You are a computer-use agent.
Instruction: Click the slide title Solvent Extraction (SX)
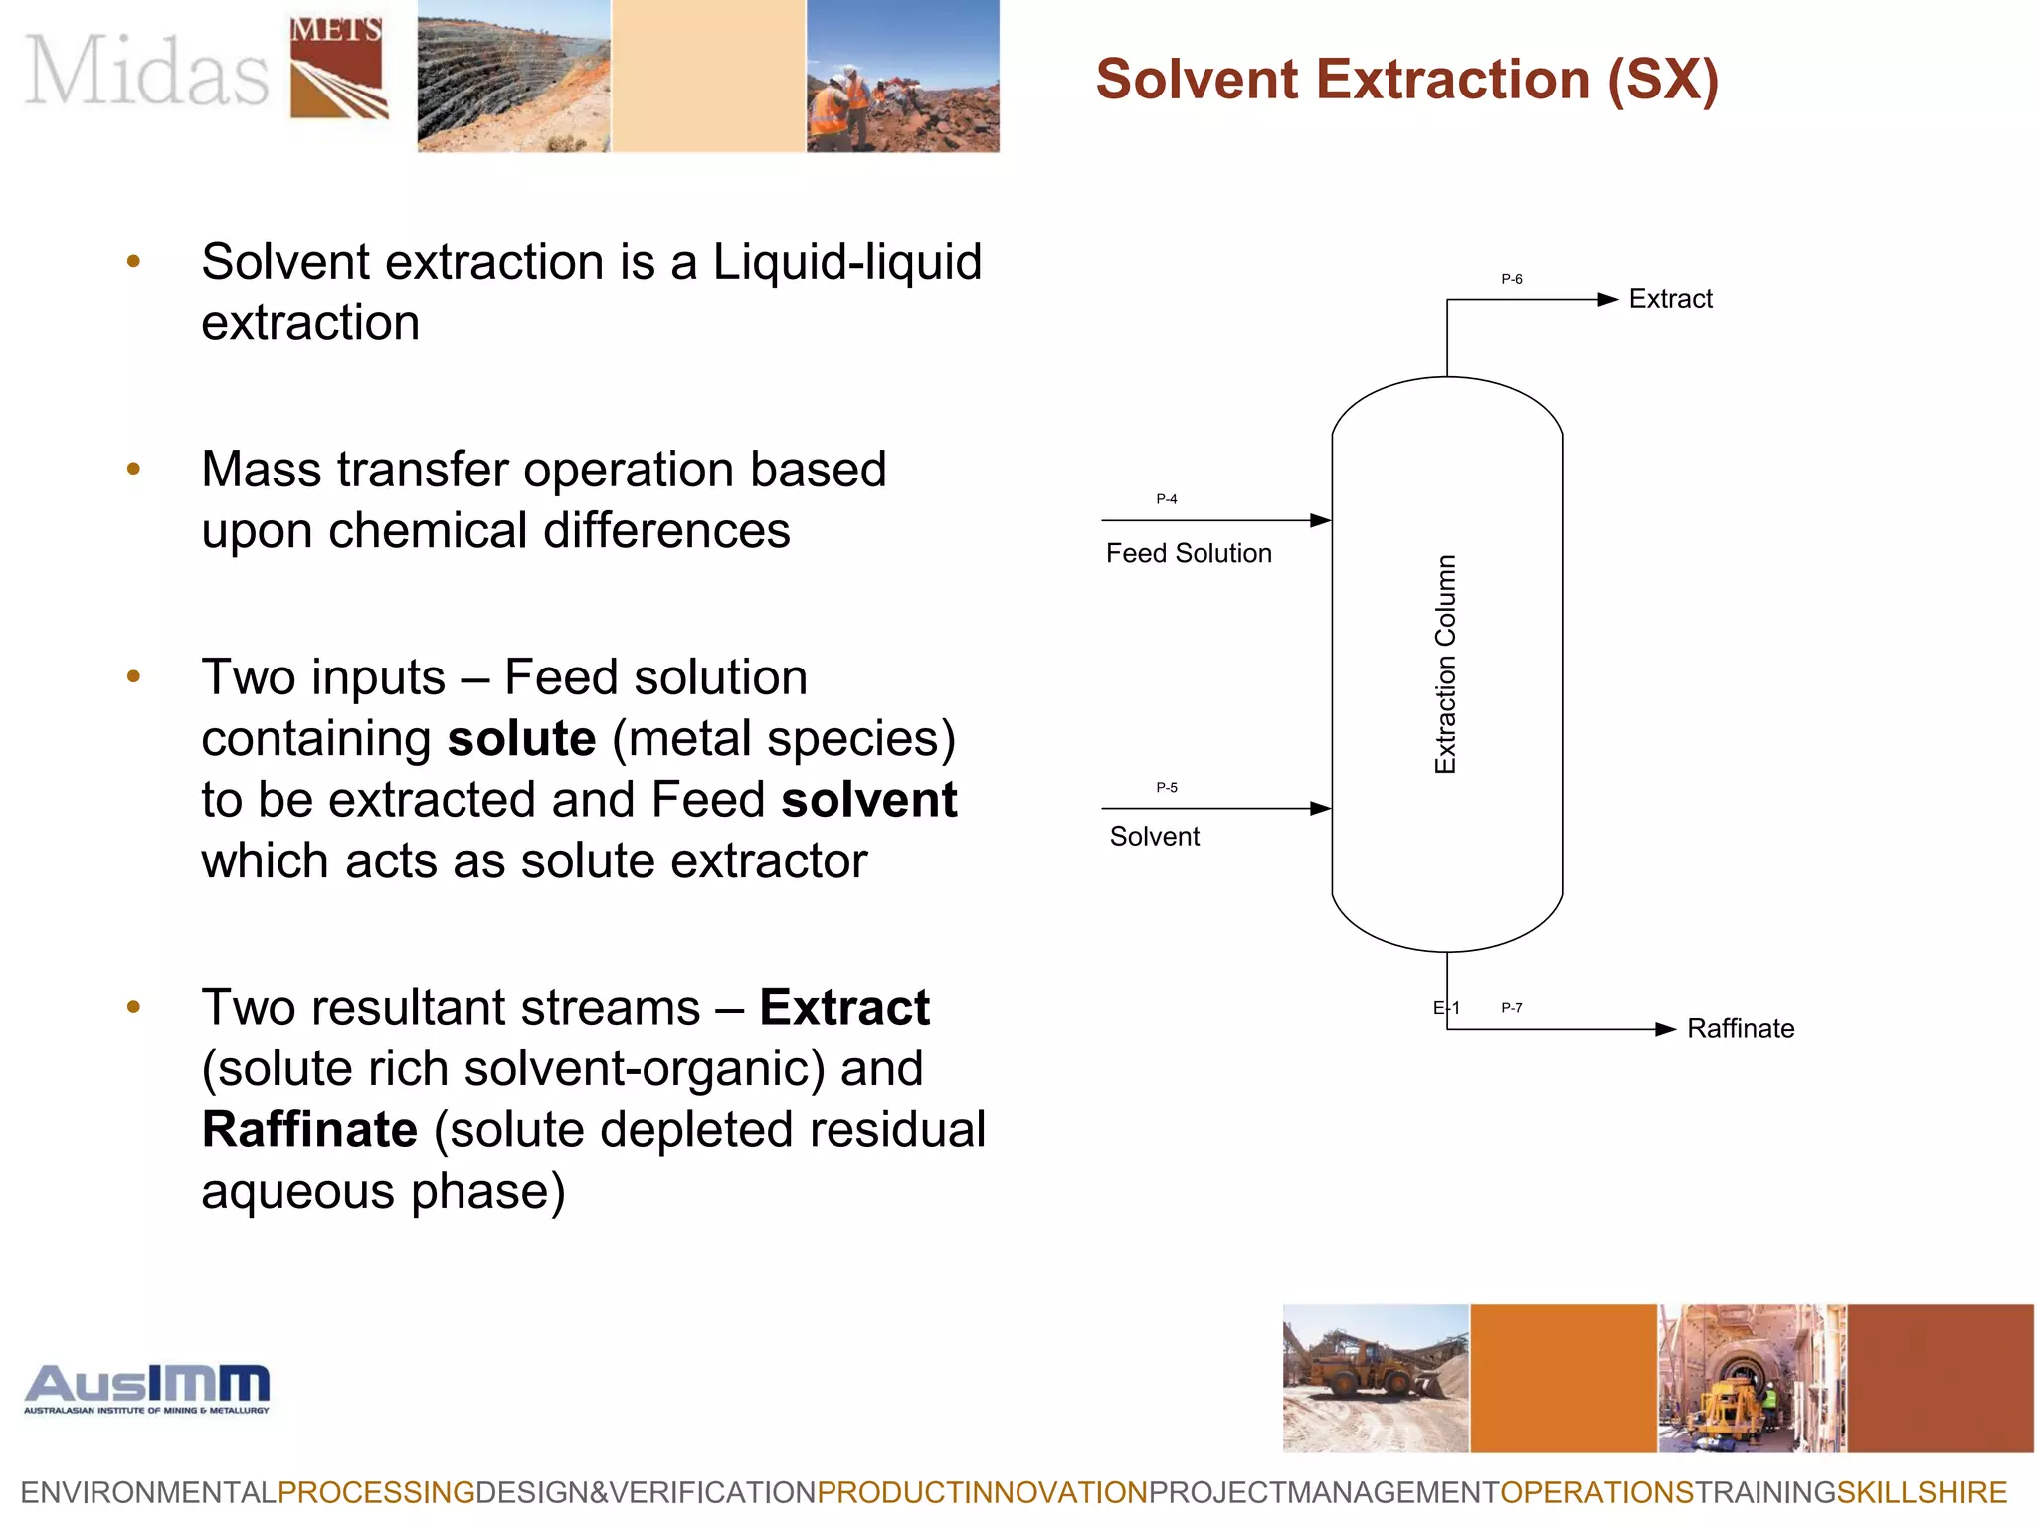tap(1406, 80)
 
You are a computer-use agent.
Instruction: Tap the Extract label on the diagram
tap(1670, 299)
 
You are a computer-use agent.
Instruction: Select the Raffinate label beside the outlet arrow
tap(1740, 1029)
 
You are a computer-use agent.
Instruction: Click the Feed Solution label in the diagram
tap(1189, 553)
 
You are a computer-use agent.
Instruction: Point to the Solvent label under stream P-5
tap(1154, 837)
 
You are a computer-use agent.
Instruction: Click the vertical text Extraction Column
tap(1445, 664)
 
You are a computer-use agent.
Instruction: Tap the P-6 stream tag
tap(1511, 279)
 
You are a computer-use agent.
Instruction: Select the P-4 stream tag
tap(1166, 499)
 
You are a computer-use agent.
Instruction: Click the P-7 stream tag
tap(1511, 1008)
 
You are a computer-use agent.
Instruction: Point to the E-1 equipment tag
tap(1445, 1008)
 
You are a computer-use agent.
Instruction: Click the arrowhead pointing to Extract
tap(1607, 299)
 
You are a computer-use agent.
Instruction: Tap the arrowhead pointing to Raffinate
tap(1665, 1029)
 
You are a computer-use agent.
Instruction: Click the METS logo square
tap(337, 69)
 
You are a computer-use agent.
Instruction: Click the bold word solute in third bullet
tap(521, 739)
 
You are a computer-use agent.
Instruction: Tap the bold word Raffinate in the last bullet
tap(309, 1130)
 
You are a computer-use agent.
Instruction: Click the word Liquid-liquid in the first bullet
tap(846, 263)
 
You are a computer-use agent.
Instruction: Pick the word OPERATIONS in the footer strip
tap(1595, 1493)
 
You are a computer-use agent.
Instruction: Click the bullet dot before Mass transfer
tap(133, 469)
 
